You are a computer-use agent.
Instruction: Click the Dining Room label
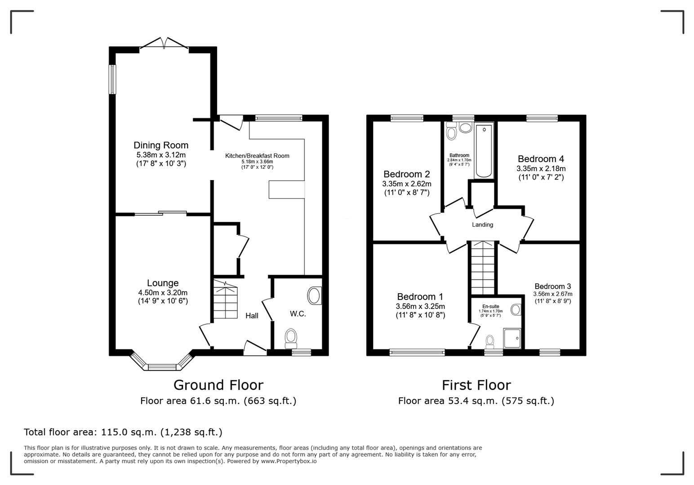[161, 145]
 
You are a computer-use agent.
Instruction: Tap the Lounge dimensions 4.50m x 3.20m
[163, 292]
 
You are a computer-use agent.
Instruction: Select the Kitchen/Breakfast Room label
[257, 156]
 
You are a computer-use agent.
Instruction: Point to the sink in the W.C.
[315, 296]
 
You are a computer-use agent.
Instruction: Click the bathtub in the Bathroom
[484, 151]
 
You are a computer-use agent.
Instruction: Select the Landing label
[482, 225]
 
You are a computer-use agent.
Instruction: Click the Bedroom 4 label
[541, 159]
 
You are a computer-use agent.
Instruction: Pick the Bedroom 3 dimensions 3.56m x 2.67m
[553, 294]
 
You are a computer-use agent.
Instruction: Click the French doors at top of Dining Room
[164, 44]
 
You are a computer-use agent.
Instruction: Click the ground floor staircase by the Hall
[225, 300]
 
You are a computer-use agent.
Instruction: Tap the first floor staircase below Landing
[482, 268]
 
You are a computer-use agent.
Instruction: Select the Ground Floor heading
[218, 385]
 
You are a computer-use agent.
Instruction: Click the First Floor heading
[476, 385]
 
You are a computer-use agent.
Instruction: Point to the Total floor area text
[123, 432]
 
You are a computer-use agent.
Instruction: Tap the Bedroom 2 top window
[407, 119]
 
